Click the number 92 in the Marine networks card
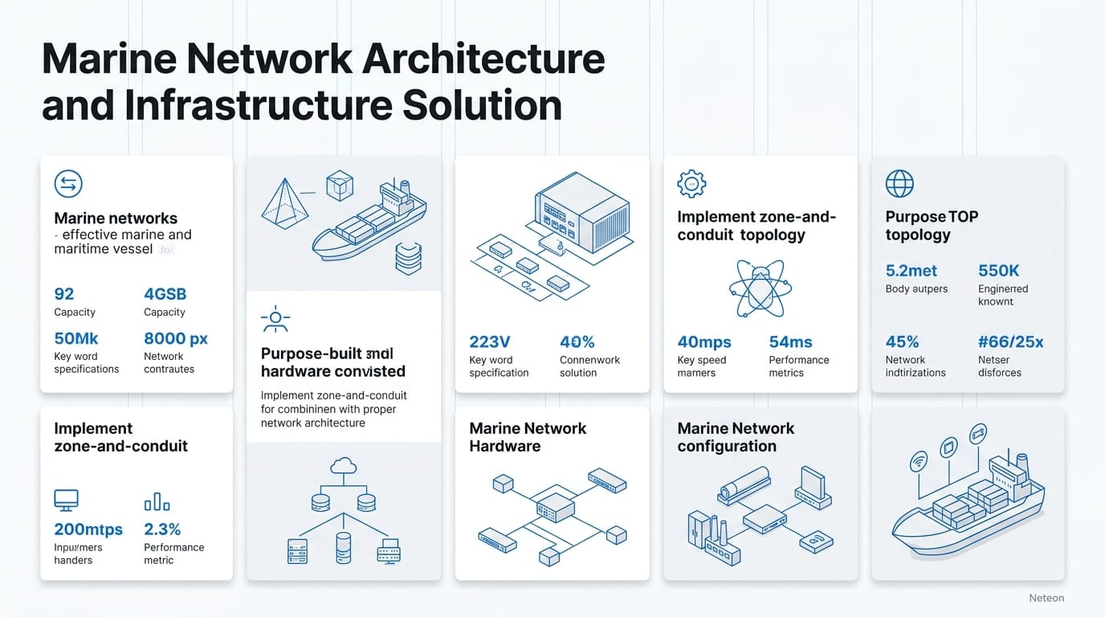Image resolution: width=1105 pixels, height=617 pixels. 64,294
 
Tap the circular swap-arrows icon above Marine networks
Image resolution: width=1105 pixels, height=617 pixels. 68,184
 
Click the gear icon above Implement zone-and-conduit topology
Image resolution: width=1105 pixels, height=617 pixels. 691,183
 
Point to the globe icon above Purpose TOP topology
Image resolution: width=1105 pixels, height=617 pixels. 899,183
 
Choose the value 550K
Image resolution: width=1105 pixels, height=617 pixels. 998,271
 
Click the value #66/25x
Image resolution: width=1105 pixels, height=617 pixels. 1010,342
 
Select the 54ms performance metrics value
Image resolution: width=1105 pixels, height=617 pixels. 790,342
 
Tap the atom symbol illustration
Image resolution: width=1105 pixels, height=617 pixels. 760,288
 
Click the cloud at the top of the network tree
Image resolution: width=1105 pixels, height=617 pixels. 343,465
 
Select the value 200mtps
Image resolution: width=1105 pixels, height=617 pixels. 88,529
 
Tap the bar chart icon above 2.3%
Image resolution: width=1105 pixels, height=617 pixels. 157,502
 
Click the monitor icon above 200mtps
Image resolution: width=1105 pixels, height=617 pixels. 66,501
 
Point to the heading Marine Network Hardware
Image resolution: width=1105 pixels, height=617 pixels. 528,437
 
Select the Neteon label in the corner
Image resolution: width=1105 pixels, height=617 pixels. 1046,598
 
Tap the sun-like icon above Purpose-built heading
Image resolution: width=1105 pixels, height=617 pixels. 275,319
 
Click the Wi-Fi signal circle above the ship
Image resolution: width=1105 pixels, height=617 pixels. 919,460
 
